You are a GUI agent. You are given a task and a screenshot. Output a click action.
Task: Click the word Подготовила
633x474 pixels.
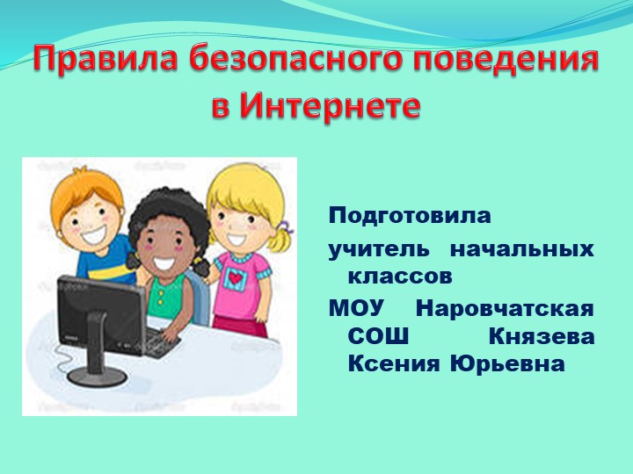(410, 215)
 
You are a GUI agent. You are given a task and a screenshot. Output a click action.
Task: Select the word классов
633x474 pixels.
(400, 276)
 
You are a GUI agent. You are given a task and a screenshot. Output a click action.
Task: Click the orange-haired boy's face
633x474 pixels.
(87, 219)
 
